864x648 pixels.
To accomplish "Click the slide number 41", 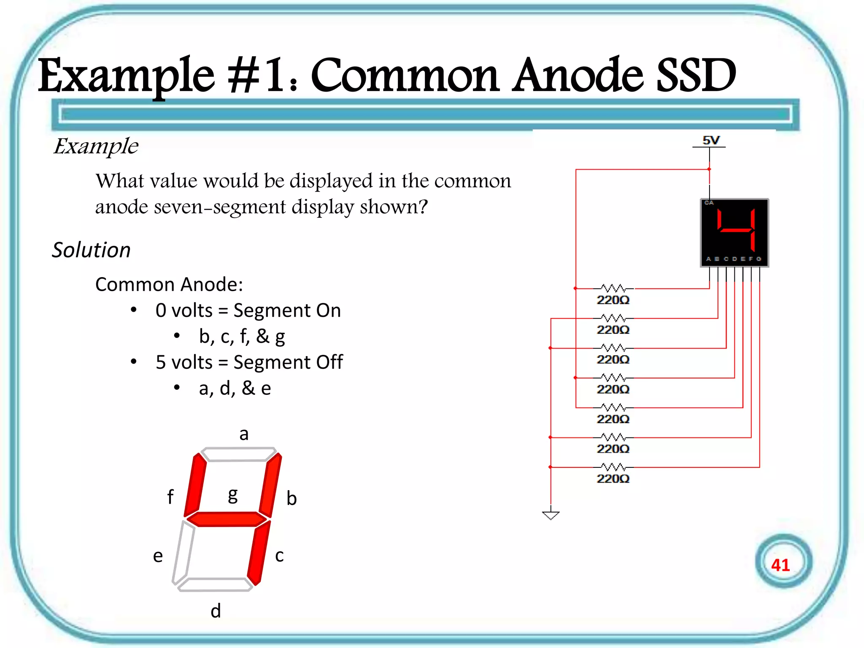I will (780, 565).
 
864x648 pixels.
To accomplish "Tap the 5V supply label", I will (711, 140).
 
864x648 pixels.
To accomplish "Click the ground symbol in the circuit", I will (551, 515).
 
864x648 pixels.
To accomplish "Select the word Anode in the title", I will (578, 76).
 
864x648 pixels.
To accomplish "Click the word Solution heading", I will (91, 250).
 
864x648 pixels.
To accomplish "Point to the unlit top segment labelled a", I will (239, 454).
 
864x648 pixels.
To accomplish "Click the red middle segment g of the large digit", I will (227, 519).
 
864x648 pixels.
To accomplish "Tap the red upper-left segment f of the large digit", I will (195, 485).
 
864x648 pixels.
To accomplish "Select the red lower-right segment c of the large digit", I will (259, 553).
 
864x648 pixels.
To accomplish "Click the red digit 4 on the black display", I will (736, 230).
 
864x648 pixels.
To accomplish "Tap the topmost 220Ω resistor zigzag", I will (613, 289).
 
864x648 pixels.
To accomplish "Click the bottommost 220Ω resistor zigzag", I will (613, 467).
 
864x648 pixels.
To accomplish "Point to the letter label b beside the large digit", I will (292, 498).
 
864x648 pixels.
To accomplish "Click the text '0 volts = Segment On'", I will (248, 310).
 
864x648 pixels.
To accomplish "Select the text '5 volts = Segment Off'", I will (249, 362).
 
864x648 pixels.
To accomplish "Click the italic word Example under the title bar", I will (96, 146).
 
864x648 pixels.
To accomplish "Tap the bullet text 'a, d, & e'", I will (235, 388).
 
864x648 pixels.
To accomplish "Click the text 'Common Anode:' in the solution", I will (169, 284).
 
